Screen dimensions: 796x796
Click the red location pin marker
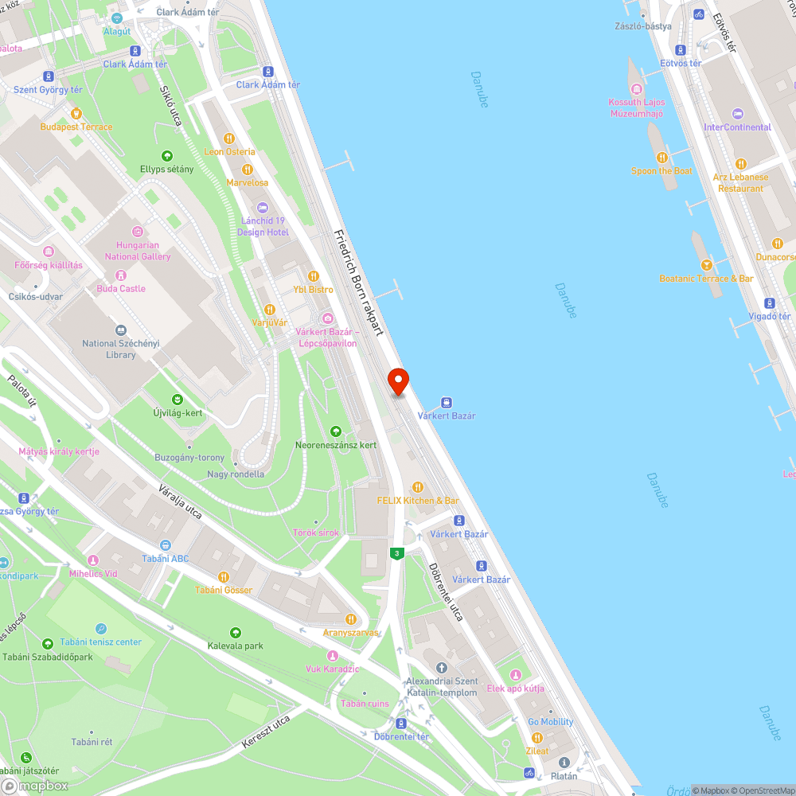(398, 381)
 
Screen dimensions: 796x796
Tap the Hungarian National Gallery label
(138, 251)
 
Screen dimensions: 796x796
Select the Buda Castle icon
(121, 274)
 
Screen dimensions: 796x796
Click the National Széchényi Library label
(121, 349)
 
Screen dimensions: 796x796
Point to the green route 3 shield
(396, 552)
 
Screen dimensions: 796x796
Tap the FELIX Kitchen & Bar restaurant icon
(418, 487)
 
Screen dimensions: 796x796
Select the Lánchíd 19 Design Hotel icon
(263, 208)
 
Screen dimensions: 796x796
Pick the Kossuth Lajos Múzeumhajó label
(636, 107)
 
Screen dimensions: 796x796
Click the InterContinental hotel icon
(737, 114)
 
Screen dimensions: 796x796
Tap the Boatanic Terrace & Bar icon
(706, 265)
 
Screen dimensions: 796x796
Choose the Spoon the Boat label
(661, 171)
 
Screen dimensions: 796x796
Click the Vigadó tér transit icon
(769, 303)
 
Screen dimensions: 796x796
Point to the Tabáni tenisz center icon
(100, 629)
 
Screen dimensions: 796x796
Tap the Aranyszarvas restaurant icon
(350, 618)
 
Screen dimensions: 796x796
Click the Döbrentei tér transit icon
(401, 723)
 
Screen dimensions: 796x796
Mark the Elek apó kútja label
(515, 689)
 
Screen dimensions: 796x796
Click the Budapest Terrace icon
(76, 113)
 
